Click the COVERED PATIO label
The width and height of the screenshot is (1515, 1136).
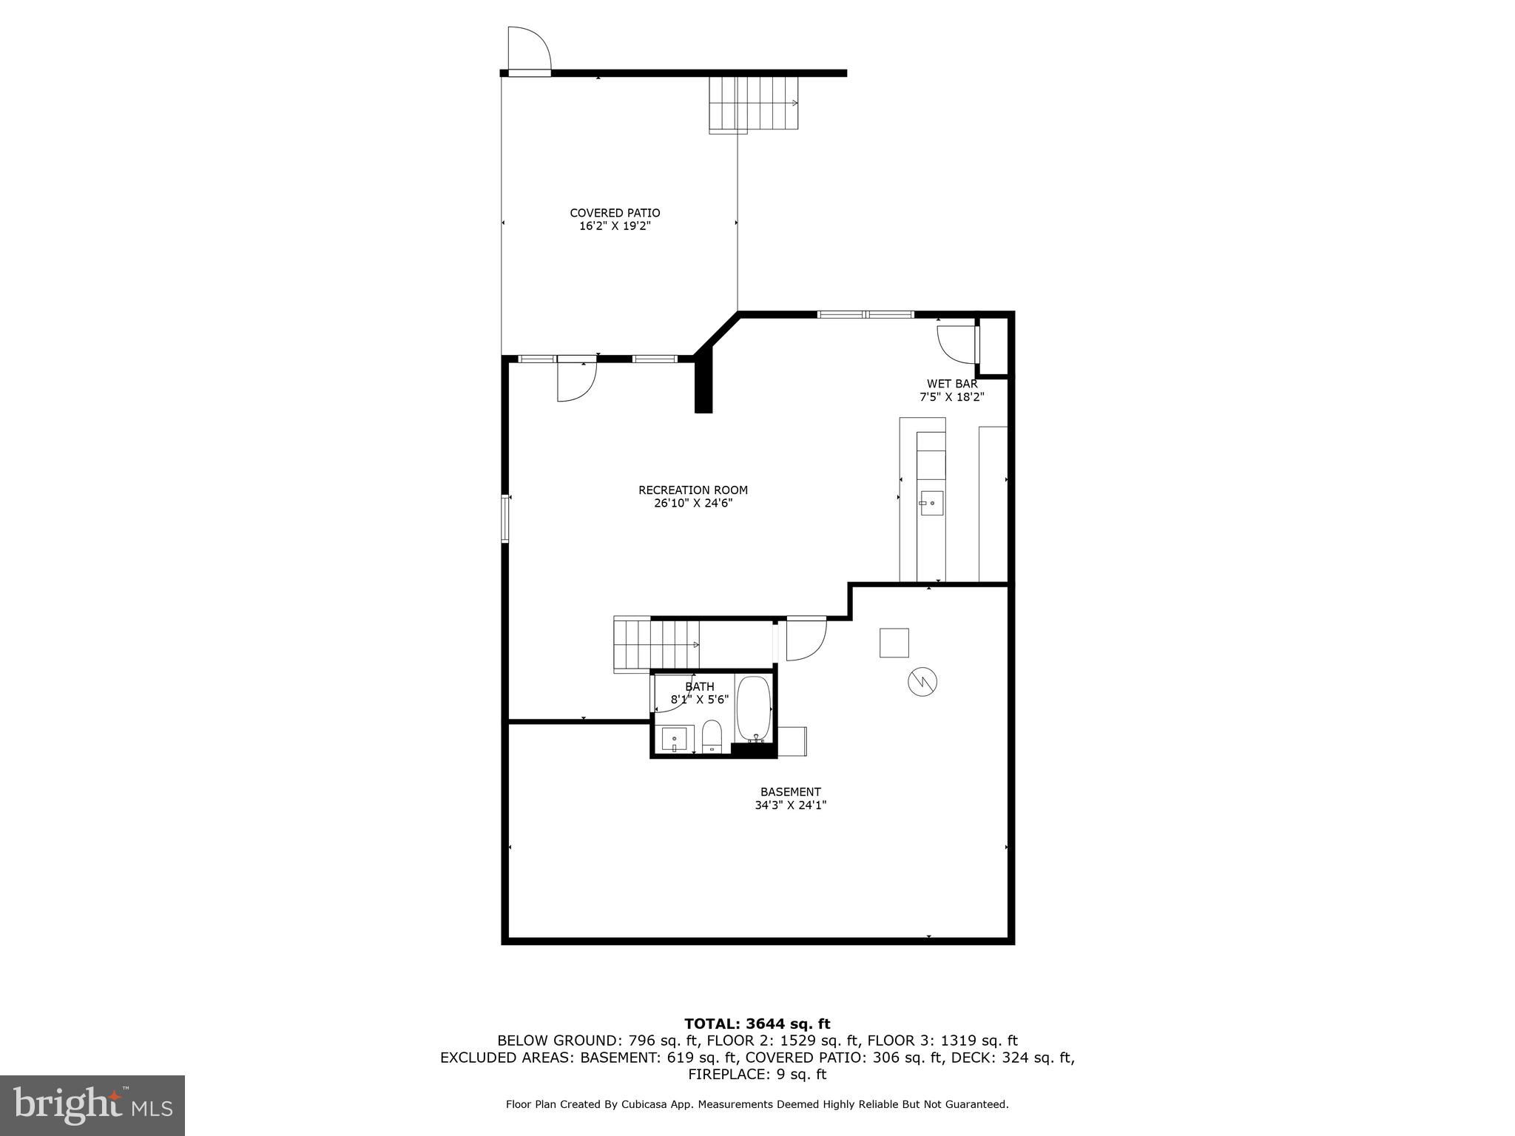(x=615, y=213)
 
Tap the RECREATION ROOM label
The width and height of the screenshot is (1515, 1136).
(x=693, y=490)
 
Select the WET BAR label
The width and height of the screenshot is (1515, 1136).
(x=952, y=384)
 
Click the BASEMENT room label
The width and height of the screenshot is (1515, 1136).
(x=790, y=792)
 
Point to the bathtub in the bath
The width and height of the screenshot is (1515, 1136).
(x=754, y=708)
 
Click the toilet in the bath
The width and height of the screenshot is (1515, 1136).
(x=712, y=735)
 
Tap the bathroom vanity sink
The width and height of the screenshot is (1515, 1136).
(x=674, y=739)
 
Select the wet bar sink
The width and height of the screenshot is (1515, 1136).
(x=931, y=503)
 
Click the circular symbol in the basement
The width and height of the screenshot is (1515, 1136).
(x=922, y=681)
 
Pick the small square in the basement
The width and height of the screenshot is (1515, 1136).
(x=894, y=643)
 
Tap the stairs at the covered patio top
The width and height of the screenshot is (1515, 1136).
(x=754, y=104)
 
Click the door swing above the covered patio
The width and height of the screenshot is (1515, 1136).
(x=529, y=49)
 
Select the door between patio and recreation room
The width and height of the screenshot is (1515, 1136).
(x=576, y=380)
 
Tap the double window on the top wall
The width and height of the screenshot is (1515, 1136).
(x=866, y=314)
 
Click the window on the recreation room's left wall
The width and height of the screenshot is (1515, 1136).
(x=506, y=518)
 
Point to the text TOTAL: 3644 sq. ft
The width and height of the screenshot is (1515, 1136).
(x=757, y=1024)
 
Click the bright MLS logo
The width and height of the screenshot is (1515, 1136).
(x=92, y=1106)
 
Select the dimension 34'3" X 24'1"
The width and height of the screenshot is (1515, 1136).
(x=790, y=805)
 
